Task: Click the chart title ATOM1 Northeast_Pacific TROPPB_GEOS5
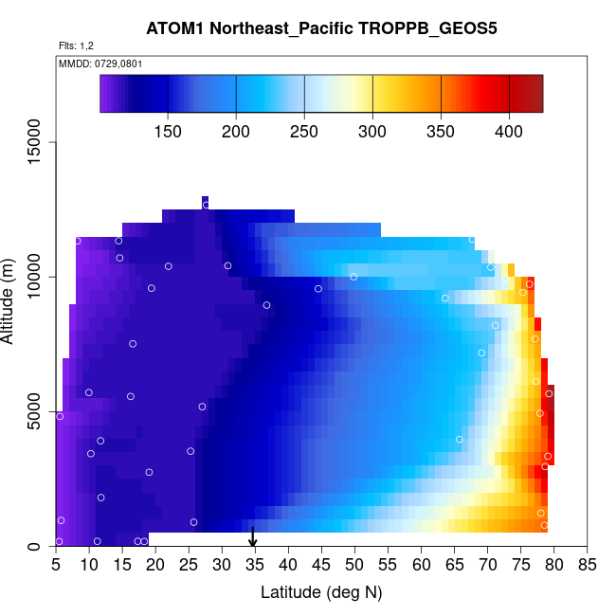point(321,28)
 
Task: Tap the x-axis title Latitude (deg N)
point(321,592)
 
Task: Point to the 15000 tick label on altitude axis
point(35,142)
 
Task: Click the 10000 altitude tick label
point(35,277)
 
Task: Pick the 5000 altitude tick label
point(35,412)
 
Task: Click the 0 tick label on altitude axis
point(35,546)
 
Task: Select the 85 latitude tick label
point(587,567)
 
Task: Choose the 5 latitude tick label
point(56,567)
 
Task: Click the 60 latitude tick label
point(421,567)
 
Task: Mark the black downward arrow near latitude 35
point(253,537)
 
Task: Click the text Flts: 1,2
point(76,45)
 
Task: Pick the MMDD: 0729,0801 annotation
point(94,63)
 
